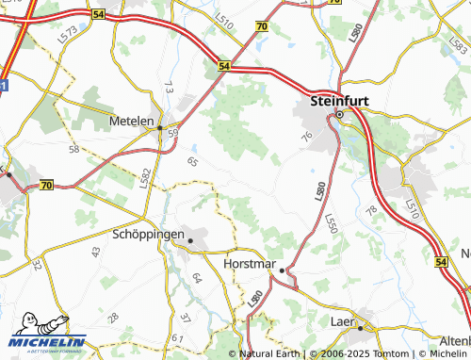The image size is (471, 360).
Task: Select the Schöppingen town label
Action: click(x=148, y=234)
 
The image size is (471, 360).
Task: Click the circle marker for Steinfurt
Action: click(x=339, y=115)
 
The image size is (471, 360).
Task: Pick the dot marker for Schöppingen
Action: click(x=190, y=241)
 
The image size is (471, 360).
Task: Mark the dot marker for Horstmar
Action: click(x=281, y=270)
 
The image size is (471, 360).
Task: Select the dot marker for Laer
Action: click(x=359, y=328)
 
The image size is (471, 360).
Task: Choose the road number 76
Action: click(x=306, y=139)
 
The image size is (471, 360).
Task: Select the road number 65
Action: click(x=193, y=162)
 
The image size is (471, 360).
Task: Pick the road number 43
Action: click(x=95, y=252)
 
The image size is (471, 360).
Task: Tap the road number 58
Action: click(x=73, y=150)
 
